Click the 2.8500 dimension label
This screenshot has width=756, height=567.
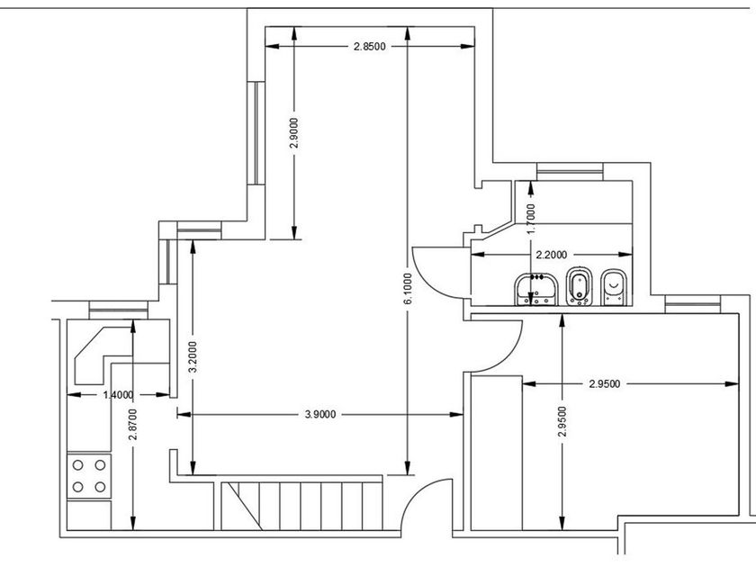pyautogui.click(x=370, y=47)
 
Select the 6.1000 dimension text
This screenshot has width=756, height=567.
pyautogui.click(x=408, y=290)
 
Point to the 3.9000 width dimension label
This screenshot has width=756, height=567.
pyautogui.click(x=320, y=414)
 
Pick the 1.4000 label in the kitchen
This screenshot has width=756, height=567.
pyautogui.click(x=119, y=394)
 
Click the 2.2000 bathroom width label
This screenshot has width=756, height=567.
pyautogui.click(x=552, y=256)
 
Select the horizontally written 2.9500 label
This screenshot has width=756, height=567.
pyautogui.click(x=605, y=384)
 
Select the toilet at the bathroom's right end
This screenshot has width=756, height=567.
pyautogui.click(x=614, y=287)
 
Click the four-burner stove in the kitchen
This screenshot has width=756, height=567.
pyautogui.click(x=89, y=476)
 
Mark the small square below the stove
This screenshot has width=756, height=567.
pyautogui.click(x=89, y=516)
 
